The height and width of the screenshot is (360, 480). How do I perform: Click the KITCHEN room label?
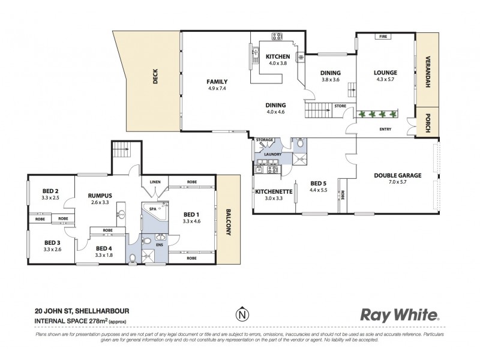(x=278, y=56)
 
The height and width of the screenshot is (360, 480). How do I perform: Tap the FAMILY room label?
(x=217, y=82)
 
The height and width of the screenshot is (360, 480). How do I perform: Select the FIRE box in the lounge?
(x=382, y=37)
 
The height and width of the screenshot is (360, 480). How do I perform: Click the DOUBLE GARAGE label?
(x=397, y=175)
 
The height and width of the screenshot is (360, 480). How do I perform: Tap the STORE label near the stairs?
(x=340, y=106)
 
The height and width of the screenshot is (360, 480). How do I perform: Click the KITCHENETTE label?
(x=274, y=191)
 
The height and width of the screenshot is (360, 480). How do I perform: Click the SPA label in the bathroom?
(x=152, y=209)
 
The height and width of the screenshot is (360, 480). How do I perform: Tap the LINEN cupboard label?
(x=154, y=181)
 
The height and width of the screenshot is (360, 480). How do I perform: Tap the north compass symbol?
(x=241, y=314)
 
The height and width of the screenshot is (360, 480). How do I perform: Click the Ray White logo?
(x=399, y=314)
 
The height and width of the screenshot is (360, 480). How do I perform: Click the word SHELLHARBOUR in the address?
(x=103, y=311)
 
